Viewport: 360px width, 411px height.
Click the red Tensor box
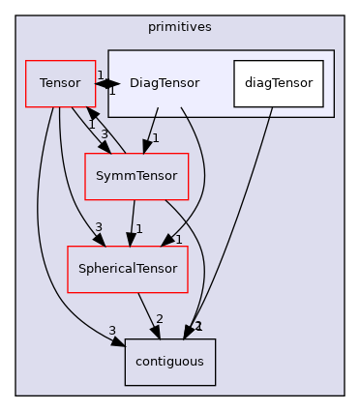(x=52, y=83)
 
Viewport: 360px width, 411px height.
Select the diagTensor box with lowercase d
(x=278, y=83)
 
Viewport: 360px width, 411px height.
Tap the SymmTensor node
(x=136, y=177)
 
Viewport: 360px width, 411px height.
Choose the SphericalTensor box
(x=126, y=269)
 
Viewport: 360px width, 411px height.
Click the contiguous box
(x=169, y=361)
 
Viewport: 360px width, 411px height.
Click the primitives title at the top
(x=179, y=8)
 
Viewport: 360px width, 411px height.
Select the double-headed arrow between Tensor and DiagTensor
(x=106, y=83)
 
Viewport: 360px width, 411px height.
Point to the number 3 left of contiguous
(x=112, y=331)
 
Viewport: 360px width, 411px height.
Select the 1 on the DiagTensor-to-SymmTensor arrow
(x=156, y=138)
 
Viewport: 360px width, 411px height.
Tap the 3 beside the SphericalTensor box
(x=98, y=227)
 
